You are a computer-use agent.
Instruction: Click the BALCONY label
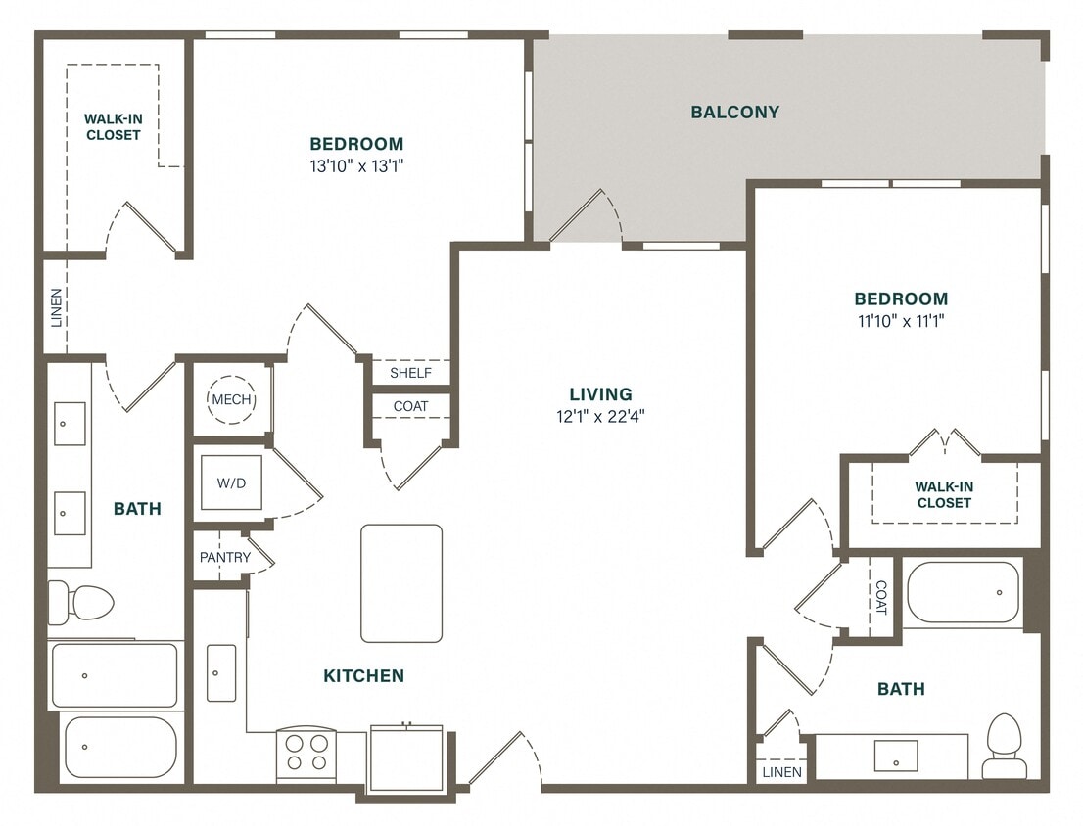(x=734, y=112)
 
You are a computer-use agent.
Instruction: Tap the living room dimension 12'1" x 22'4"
(x=600, y=415)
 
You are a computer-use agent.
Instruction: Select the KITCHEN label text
(x=363, y=675)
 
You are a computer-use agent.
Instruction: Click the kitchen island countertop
(x=401, y=583)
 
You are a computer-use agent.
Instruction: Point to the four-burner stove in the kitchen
(x=306, y=755)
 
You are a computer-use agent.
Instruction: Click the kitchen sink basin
(x=221, y=672)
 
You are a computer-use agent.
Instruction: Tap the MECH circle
(x=232, y=399)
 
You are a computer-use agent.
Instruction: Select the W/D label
(x=231, y=482)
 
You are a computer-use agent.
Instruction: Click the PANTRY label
(x=225, y=558)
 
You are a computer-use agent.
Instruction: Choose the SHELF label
(x=410, y=373)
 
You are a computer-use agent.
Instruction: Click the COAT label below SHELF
(x=410, y=406)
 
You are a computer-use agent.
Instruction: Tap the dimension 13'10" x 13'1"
(x=356, y=165)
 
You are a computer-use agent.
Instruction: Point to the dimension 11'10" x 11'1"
(x=900, y=320)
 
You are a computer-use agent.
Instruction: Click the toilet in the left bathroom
(x=81, y=602)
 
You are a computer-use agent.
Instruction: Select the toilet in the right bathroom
(x=1005, y=746)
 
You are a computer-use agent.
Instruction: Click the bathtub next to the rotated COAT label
(x=963, y=592)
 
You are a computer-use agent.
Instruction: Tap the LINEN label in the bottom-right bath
(x=782, y=772)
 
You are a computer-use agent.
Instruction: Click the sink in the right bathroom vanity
(x=895, y=756)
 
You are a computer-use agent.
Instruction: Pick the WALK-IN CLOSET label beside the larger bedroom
(x=113, y=127)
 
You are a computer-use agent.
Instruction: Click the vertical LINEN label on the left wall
(x=56, y=306)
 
